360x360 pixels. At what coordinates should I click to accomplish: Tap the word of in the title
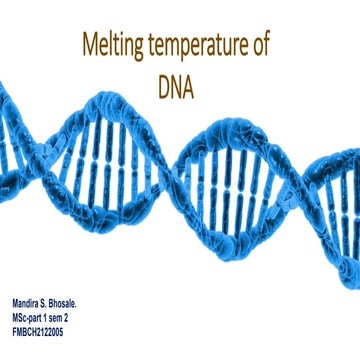pos(263,46)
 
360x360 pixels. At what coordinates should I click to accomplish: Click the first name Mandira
pos(28,301)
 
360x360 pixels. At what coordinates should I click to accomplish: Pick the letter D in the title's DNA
pos(164,88)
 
